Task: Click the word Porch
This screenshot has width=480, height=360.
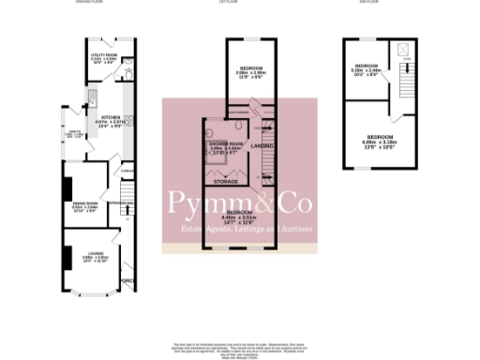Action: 128,280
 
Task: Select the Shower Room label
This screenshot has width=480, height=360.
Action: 221,143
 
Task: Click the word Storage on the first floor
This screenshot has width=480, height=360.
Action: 225,180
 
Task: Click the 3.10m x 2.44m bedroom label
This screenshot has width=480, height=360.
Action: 367,67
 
